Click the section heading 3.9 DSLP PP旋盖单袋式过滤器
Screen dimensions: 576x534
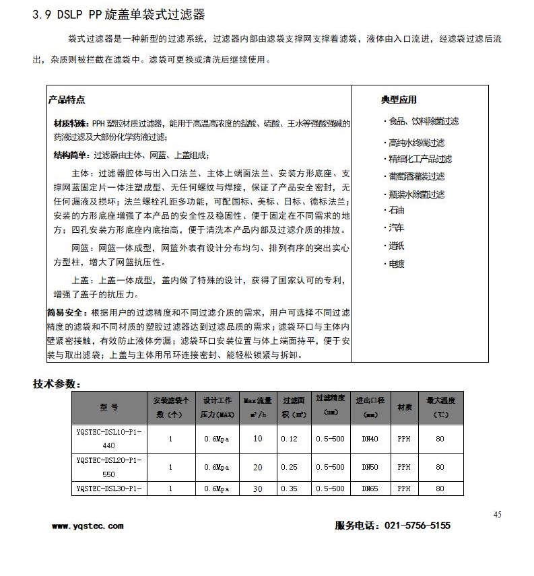coord(119,14)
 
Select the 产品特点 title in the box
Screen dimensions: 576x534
coord(66,100)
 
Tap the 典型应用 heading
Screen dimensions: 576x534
coord(399,100)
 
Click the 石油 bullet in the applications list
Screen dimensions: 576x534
coord(396,211)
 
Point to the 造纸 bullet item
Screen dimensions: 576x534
coord(396,246)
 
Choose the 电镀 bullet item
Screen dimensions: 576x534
coord(396,264)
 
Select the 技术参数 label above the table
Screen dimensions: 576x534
coord(57,384)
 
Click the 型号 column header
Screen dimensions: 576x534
coord(108,407)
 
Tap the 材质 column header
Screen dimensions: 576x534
coord(404,407)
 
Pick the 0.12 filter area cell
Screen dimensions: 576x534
coord(289,439)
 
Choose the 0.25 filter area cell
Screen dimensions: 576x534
coord(289,466)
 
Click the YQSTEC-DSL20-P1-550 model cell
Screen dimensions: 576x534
coord(108,466)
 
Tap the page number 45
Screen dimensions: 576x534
coord(497,515)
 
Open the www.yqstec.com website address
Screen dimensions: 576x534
coord(88,526)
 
